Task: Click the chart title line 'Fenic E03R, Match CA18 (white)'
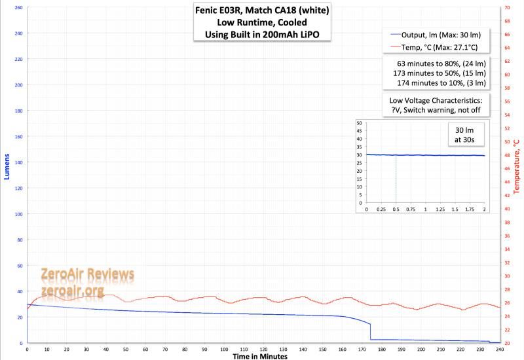[262, 10]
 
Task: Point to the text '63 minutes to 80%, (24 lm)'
[441, 63]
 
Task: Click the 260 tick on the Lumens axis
[17, 8]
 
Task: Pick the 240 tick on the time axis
[500, 349]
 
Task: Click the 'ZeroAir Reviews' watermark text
[87, 274]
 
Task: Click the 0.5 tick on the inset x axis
[396, 209]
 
